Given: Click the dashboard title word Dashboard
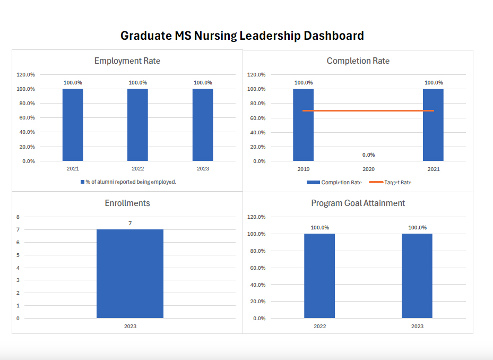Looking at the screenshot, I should tap(333, 36).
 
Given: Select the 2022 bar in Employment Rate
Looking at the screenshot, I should tap(137, 125).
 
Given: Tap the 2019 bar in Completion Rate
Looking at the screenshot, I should tap(303, 125).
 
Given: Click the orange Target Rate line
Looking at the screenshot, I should tap(368, 110).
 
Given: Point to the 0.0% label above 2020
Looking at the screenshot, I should tap(368, 155).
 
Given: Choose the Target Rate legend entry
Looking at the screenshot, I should tap(391, 183).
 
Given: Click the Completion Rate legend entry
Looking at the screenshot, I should tap(334, 183).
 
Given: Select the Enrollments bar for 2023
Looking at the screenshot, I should tap(130, 273).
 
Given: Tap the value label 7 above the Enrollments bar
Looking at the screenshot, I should tap(130, 224).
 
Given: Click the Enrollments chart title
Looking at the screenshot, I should tap(127, 203).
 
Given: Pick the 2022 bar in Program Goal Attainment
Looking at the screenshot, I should tap(319, 276).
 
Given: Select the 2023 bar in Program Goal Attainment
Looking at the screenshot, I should tap(417, 276).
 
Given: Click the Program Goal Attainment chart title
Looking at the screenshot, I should tap(358, 203).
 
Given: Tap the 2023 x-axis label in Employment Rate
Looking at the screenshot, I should tap(203, 169).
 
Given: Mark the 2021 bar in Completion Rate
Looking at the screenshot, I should tap(433, 125).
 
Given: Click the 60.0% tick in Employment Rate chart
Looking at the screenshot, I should tap(27, 118).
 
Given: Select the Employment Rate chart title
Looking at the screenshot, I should tap(127, 61).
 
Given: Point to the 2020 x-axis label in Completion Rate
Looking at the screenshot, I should tap(368, 169).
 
